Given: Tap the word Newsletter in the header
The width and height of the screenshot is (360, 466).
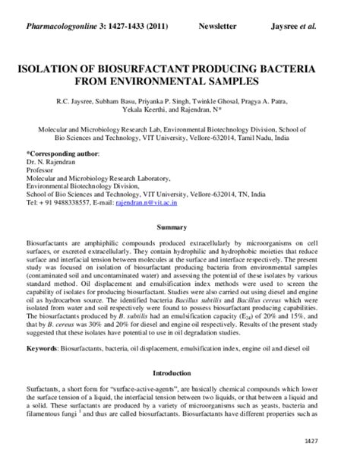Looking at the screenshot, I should pyautogui.click(x=218, y=26).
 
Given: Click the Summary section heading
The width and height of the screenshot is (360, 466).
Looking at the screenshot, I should pyautogui.click(x=180, y=227).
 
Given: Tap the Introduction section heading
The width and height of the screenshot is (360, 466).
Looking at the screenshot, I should pyautogui.click(x=180, y=373).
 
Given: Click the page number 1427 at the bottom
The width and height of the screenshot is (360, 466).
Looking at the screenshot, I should pyautogui.click(x=333, y=441).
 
